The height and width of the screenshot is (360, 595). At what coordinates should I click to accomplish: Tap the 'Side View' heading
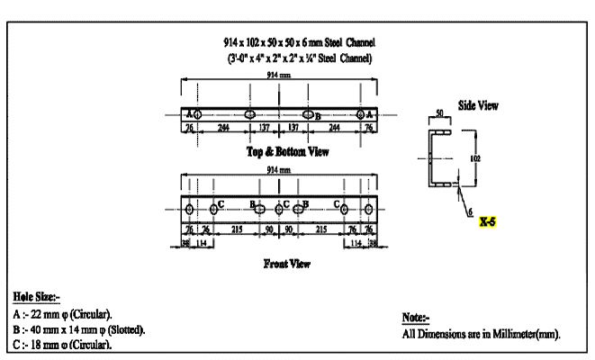pyautogui.click(x=478, y=104)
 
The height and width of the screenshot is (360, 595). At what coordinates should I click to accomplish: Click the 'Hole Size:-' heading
pyautogui.click(x=37, y=296)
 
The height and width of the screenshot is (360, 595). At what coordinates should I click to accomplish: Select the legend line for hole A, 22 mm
pyautogui.click(x=63, y=314)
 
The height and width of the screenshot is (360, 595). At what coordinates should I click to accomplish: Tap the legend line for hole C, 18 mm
pyautogui.click(x=63, y=344)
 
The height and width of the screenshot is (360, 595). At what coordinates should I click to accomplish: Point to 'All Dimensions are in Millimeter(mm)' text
pyautogui.click(x=481, y=334)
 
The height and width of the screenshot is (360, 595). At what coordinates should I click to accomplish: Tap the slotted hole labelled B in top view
pyautogui.click(x=309, y=114)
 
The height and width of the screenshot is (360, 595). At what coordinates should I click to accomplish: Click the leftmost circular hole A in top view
pyautogui.click(x=197, y=114)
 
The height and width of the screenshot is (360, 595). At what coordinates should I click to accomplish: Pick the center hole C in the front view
pyautogui.click(x=279, y=209)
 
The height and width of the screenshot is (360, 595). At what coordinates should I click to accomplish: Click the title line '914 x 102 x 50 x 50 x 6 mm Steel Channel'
pyautogui.click(x=301, y=43)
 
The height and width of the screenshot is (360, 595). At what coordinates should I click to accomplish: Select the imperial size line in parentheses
pyautogui.click(x=301, y=58)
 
